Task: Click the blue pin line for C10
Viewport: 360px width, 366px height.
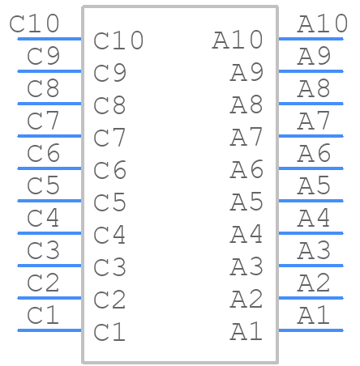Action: [x=49, y=39]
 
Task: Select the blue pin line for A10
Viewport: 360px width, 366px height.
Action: [x=311, y=39]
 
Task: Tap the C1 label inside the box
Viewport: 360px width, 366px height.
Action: [x=109, y=332]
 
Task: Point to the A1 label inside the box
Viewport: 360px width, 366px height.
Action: [x=246, y=331]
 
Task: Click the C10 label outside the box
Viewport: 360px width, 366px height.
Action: [x=34, y=23]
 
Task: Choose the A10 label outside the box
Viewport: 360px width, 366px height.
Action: [x=323, y=23]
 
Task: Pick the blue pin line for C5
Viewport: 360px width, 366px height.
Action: [x=49, y=201]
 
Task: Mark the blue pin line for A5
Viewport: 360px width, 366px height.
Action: [x=311, y=201]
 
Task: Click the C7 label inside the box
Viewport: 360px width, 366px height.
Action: [x=109, y=138]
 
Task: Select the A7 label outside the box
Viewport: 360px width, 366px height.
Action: [x=314, y=121]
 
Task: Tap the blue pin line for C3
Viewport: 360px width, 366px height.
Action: [x=49, y=266]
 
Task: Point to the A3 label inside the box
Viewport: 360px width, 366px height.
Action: [x=246, y=266]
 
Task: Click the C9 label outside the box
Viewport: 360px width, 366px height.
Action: [x=43, y=56]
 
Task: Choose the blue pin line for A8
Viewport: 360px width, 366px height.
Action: [x=311, y=104]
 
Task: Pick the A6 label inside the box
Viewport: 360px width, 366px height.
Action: [x=246, y=169]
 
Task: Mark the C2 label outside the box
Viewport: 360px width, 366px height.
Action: [x=43, y=283]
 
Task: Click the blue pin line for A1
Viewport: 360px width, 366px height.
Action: [x=311, y=330]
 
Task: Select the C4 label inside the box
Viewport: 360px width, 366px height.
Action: [x=109, y=235]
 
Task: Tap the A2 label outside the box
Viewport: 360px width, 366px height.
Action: [x=314, y=283]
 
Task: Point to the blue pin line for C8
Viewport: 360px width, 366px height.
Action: [x=49, y=104]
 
